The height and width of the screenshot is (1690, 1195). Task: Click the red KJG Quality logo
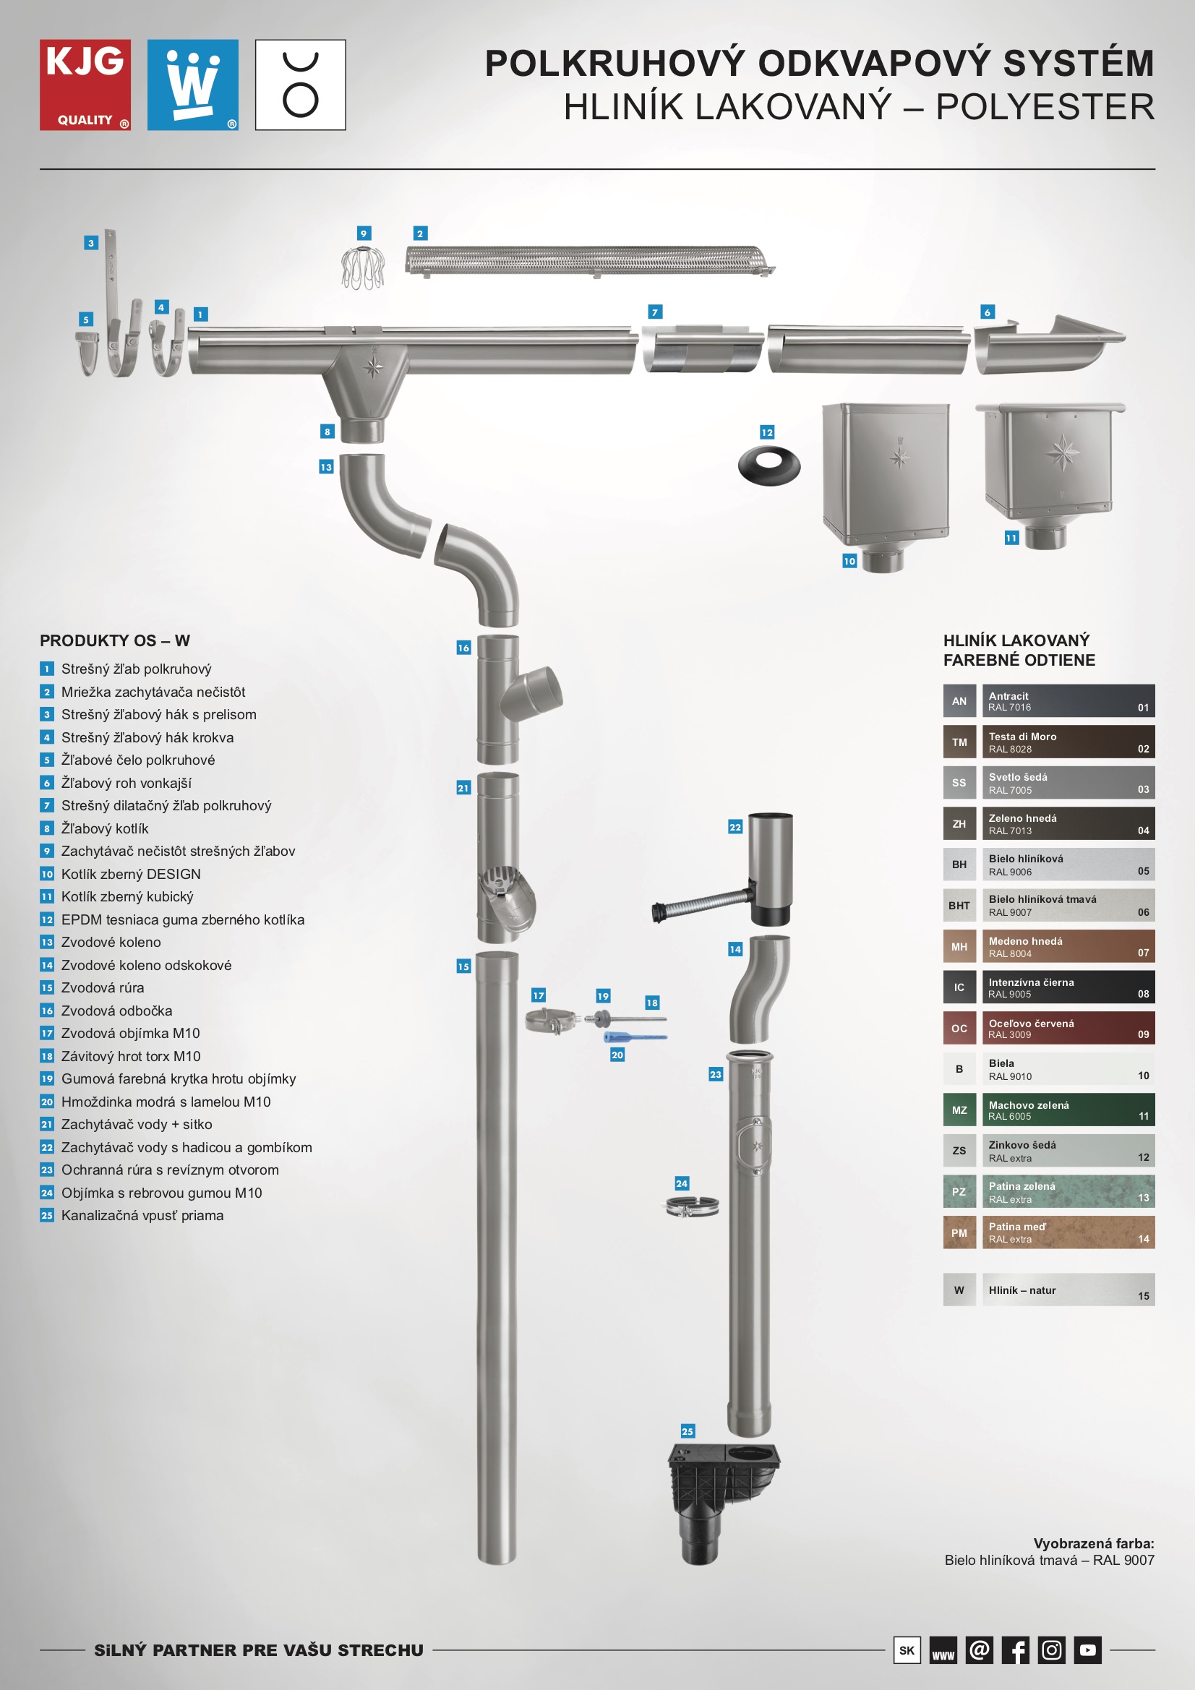pyautogui.click(x=85, y=85)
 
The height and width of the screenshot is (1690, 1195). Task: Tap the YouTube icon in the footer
pyautogui.click(x=1087, y=1650)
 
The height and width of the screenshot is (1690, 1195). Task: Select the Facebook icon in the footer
pyautogui.click(x=1015, y=1650)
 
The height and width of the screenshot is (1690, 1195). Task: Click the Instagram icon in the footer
pyautogui.click(x=1051, y=1650)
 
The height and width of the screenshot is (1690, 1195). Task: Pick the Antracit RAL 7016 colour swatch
pyautogui.click(x=1068, y=700)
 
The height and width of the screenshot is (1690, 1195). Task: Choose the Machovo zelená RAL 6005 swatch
pyautogui.click(x=1068, y=1110)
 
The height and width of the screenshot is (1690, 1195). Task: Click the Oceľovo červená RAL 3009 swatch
pyautogui.click(x=1068, y=1029)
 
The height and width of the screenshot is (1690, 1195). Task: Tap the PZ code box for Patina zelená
pyautogui.click(x=959, y=1192)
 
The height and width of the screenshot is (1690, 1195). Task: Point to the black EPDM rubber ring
pyautogui.click(x=768, y=467)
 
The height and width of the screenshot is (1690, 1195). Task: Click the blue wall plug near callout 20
pyautogui.click(x=635, y=1037)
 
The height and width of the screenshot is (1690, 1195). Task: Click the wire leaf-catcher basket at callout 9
pyautogui.click(x=363, y=268)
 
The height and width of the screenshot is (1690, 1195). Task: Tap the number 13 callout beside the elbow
pyautogui.click(x=326, y=467)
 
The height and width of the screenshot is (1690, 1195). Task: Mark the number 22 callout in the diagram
pyautogui.click(x=734, y=828)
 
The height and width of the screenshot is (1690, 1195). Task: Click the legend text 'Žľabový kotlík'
pyautogui.click(x=105, y=829)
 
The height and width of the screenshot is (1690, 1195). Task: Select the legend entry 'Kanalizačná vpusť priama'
pyautogui.click(x=142, y=1215)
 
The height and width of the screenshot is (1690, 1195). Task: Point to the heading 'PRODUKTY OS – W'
pyautogui.click(x=115, y=640)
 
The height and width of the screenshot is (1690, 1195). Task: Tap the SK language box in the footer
pyautogui.click(x=907, y=1650)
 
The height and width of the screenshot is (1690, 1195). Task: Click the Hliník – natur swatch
pyautogui.click(x=1068, y=1290)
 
